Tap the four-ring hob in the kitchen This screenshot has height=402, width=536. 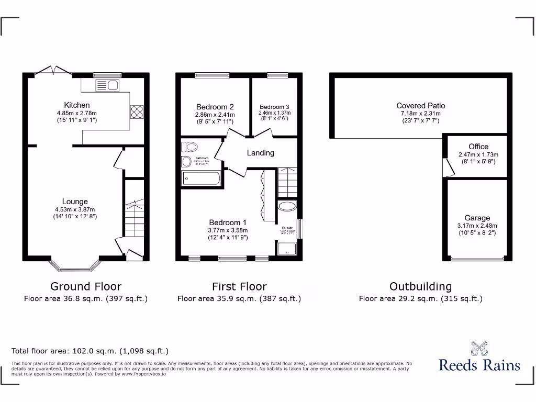pos(137,112)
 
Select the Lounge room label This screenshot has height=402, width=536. pos(75,202)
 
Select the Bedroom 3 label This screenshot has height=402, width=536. pos(274,107)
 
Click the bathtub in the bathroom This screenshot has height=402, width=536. pos(201,179)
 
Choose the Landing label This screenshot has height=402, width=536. pos(260,153)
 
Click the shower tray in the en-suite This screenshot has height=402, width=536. pos(287,250)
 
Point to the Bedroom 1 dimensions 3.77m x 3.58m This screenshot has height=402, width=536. pos(228,230)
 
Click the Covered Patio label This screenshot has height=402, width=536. pos(421,106)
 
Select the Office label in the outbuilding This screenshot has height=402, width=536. pos(478,147)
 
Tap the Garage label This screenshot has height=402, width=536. pos(477,218)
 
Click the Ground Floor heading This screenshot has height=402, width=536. pos(86,286)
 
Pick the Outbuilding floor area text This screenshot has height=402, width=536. pos(420,299)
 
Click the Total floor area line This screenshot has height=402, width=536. pos(90,351)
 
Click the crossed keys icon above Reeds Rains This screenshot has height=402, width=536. pos(479,348)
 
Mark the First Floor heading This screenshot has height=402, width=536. pos(239,286)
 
